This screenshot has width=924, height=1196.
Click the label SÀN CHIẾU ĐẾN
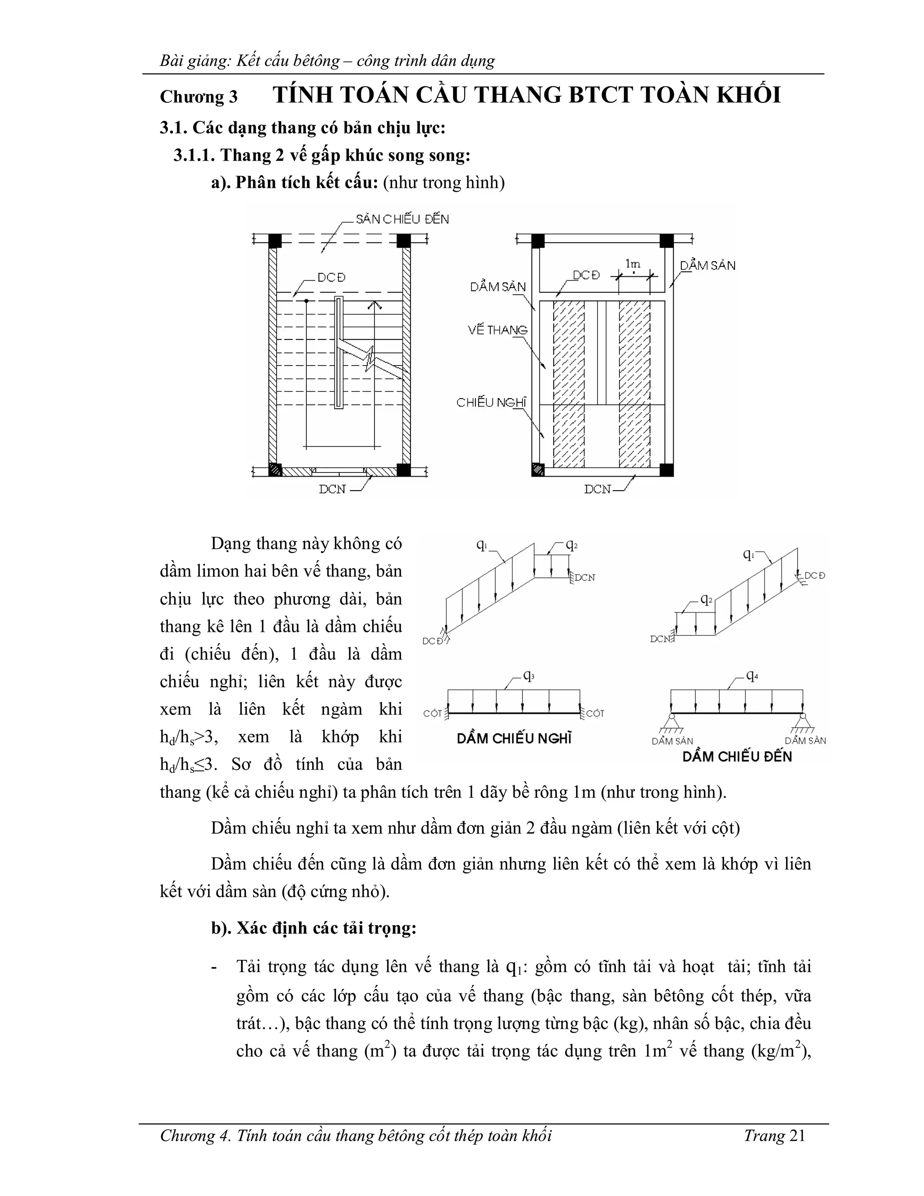click(x=402, y=220)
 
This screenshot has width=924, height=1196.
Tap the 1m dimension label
click(x=633, y=264)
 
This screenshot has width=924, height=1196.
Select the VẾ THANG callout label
click(x=498, y=330)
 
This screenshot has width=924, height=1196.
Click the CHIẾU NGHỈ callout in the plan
click(x=491, y=403)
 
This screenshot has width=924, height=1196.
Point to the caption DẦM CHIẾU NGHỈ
click(x=514, y=739)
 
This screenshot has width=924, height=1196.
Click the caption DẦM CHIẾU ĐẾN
click(x=737, y=757)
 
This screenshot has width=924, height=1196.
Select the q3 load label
click(x=529, y=676)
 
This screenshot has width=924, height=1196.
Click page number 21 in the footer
click(x=798, y=1136)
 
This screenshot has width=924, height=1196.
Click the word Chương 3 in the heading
click(x=199, y=97)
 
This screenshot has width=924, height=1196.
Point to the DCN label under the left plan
click(x=332, y=490)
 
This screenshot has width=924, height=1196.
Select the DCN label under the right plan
click(x=597, y=490)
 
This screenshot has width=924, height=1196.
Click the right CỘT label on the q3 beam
click(x=595, y=714)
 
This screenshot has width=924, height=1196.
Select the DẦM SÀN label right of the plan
click(x=708, y=265)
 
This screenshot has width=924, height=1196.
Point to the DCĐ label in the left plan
click(x=332, y=278)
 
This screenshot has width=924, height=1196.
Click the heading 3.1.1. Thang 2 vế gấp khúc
click(x=322, y=156)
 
